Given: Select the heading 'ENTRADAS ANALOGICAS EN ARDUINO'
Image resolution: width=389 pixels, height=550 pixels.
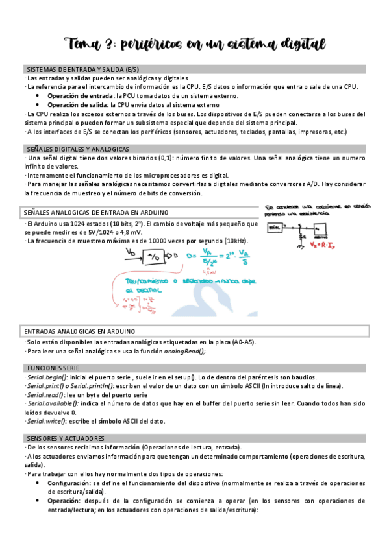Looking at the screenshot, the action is [x=79, y=331].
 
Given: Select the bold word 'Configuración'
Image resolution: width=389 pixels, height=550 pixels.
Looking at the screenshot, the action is [x=69, y=483].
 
